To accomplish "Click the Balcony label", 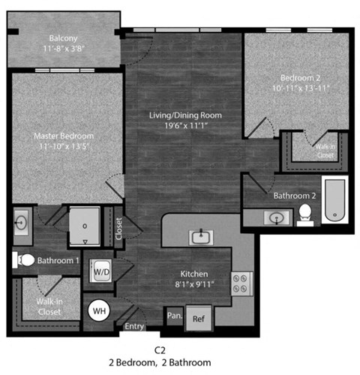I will point(64,39).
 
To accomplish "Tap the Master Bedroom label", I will point(64,136).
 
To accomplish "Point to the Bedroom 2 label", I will point(304,77).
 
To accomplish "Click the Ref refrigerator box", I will point(198,317).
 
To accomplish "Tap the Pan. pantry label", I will point(175,316).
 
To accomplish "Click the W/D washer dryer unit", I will point(100,271).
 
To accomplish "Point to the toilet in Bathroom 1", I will point(24,260).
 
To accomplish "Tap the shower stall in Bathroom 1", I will point(85,225).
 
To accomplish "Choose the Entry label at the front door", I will point(135,326).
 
